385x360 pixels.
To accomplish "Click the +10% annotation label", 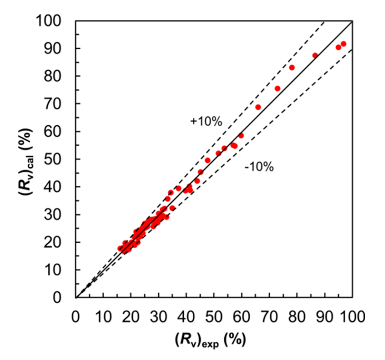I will pos(206,121).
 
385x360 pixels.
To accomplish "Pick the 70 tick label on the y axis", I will pos(58,104).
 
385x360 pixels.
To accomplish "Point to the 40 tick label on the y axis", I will pos(58,187).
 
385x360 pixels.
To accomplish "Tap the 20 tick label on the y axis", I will pos(58,242).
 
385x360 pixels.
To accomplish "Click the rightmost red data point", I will pos(343,44).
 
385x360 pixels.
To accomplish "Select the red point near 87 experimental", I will pos(315,56).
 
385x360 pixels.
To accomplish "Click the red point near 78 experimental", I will pos(292,67).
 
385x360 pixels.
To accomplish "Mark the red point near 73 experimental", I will pos(277,88).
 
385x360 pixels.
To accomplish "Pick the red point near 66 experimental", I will pos(258,107).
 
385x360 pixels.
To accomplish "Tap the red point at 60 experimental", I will pos(241,136).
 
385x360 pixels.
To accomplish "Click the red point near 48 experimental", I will pos(208,160).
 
